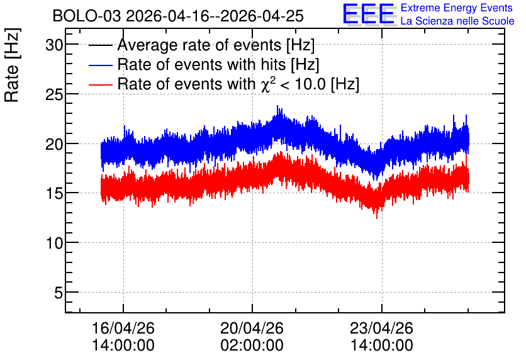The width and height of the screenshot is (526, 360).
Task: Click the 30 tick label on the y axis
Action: tap(54, 45)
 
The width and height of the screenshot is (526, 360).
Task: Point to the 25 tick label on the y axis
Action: tap(54, 94)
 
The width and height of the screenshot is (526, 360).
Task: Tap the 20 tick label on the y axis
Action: tap(54, 144)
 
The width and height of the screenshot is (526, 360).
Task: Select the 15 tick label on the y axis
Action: tap(54, 194)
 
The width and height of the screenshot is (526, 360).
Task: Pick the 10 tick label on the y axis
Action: tap(54, 243)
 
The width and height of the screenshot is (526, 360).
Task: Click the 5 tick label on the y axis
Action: tap(59, 293)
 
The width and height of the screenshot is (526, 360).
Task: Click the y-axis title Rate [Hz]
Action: tap(12, 65)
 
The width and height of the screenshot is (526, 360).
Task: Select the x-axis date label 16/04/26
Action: tap(123, 328)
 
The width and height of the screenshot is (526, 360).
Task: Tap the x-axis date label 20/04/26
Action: tap(252, 328)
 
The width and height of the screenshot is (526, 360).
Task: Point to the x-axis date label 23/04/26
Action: tap(381, 328)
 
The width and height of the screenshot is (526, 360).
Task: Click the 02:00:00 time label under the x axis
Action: tap(252, 345)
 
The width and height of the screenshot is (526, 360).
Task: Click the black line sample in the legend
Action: tap(100, 45)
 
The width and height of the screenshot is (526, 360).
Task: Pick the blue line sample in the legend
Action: tap(100, 65)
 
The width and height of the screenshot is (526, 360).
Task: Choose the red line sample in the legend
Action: tap(100, 84)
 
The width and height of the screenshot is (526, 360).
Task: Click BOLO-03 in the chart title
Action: tap(86, 16)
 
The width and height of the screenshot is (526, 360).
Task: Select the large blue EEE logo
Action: tap(368, 14)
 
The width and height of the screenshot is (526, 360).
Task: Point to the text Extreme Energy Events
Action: tap(457, 8)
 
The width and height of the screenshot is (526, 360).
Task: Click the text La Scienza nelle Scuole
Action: tap(457, 21)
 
